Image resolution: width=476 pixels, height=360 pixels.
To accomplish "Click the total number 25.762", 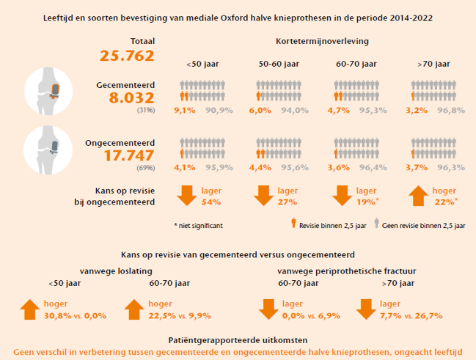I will click(x=126, y=56).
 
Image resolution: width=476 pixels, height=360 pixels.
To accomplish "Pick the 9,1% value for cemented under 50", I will click(x=183, y=111).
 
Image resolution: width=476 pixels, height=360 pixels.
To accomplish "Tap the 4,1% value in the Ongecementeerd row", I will click(x=183, y=168).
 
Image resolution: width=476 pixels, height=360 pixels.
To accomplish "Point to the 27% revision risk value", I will click(x=288, y=202).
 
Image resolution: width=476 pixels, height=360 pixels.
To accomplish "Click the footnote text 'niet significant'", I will click(x=200, y=226).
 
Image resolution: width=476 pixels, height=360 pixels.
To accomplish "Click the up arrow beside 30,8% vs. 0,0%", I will click(x=29, y=309).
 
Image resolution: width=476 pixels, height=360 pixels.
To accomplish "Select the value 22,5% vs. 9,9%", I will click(x=179, y=315).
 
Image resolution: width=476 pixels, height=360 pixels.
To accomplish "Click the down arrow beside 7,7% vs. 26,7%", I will click(x=367, y=309).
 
